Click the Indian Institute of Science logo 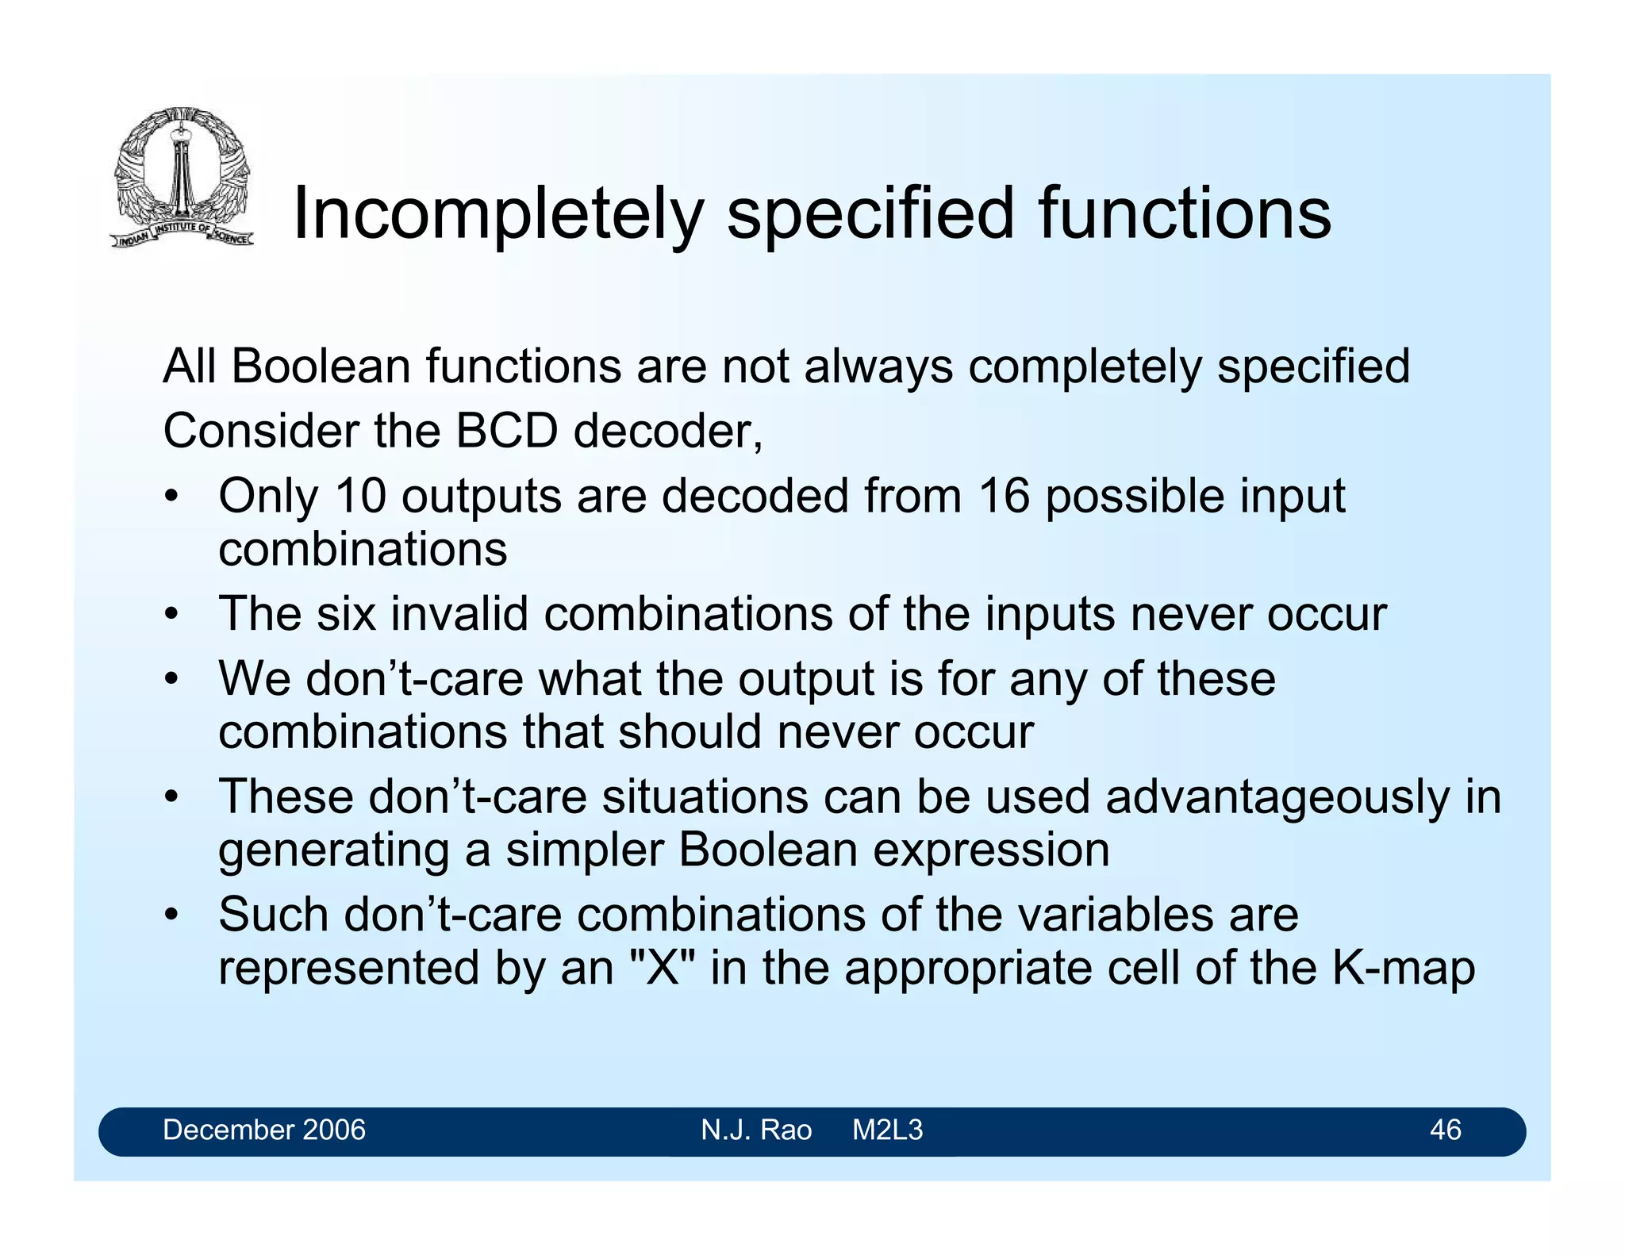182,177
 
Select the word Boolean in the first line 321,367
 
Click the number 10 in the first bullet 360,496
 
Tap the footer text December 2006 264,1130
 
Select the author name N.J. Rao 756,1130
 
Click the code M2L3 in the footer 887,1130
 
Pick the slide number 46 1445,1130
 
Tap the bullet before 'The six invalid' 171,615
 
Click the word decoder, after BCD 667,431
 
